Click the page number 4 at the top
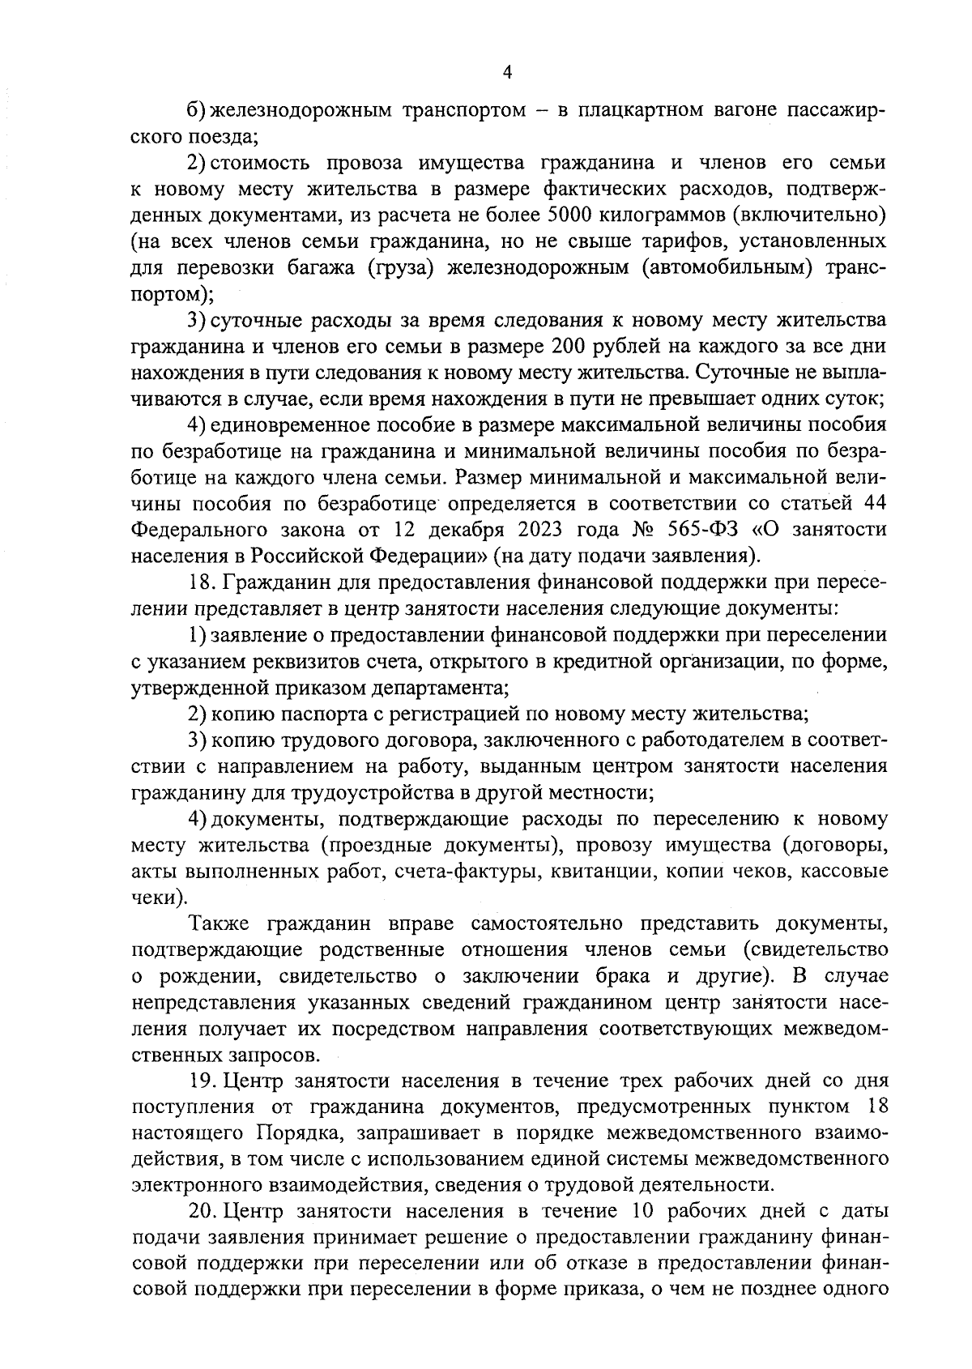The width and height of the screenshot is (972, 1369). tap(507, 72)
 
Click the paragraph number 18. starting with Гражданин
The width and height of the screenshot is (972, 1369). tap(202, 582)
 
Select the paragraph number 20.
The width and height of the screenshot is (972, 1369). tap(202, 1212)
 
